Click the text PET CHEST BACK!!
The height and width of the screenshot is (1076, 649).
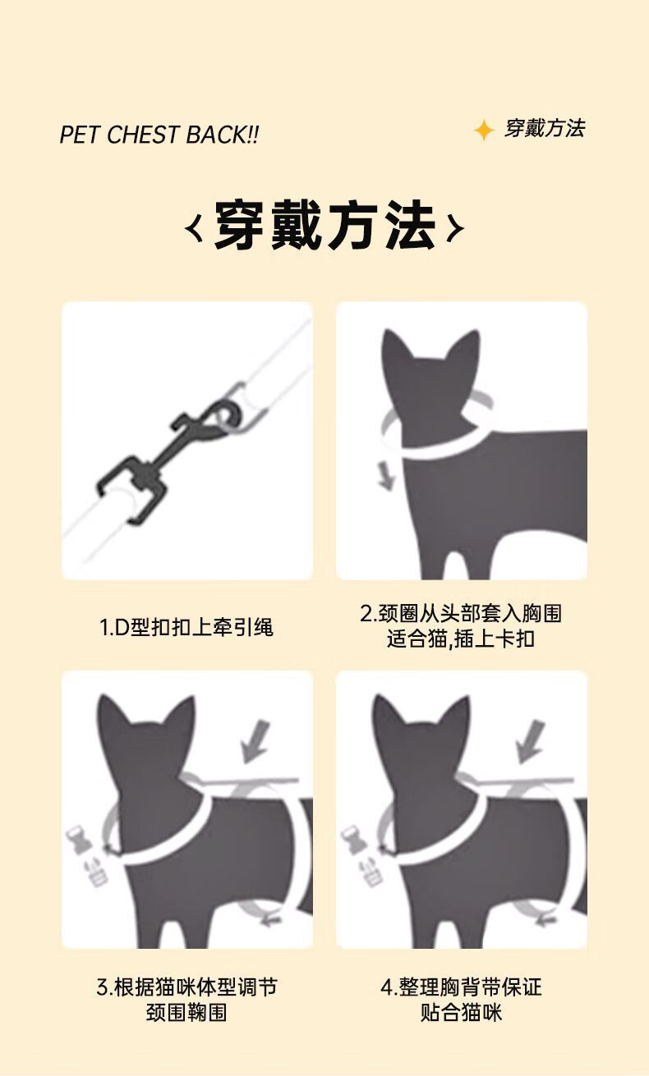point(159,135)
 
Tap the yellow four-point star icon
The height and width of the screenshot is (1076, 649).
point(484,130)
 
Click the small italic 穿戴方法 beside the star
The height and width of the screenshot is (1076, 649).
point(545,129)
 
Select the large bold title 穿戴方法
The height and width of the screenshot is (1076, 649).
point(325,225)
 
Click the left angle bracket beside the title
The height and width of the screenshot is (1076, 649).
point(193,227)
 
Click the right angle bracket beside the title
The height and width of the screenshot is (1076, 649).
point(455,227)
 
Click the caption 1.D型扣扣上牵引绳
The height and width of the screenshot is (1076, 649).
point(186,627)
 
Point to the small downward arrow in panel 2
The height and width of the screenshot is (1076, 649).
point(385,475)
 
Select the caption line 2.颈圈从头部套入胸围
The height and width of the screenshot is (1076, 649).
point(461,613)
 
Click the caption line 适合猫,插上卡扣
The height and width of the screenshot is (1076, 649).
point(461,639)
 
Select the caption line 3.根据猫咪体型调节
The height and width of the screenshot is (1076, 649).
point(187,987)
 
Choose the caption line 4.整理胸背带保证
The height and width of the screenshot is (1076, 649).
point(461,987)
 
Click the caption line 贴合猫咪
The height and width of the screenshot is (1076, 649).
point(461,1013)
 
